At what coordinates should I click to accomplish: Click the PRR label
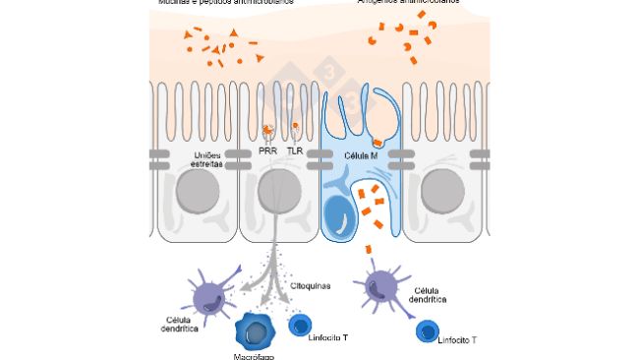click(267, 151)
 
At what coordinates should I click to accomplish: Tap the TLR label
click(295, 151)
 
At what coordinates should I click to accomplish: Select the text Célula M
click(363, 157)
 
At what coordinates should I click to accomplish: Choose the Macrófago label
click(255, 355)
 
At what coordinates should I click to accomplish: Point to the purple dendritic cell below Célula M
click(381, 287)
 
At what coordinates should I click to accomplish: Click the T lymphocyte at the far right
click(427, 330)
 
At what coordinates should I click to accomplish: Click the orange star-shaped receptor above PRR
click(267, 130)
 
